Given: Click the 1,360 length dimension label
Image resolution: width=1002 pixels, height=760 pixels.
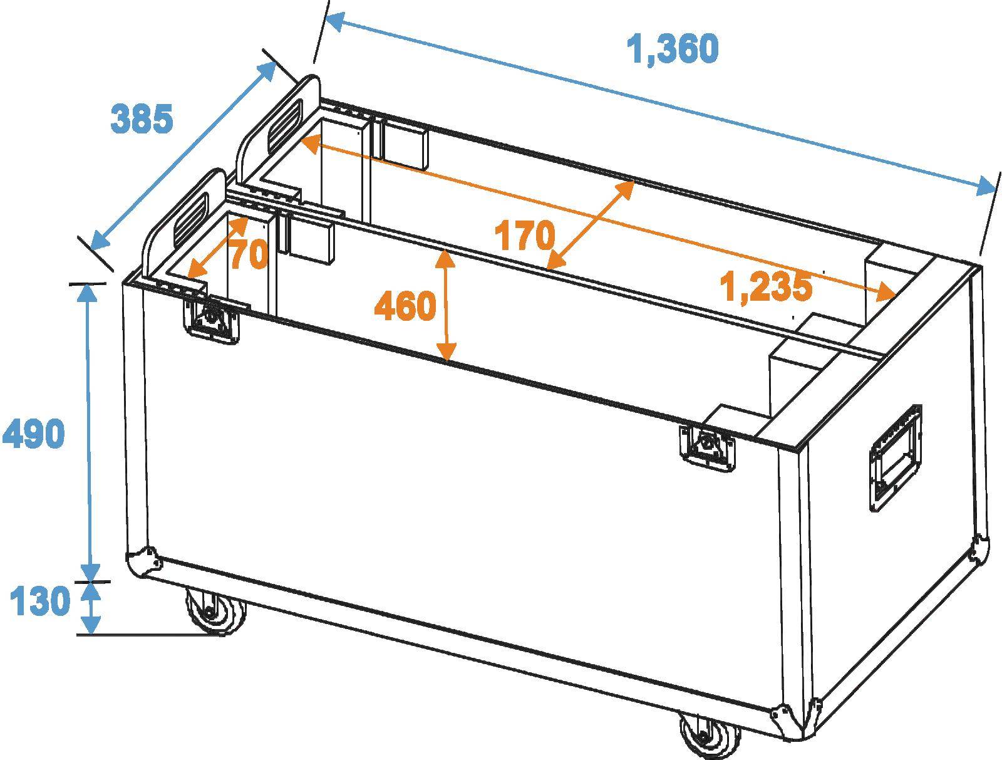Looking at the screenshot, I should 673,49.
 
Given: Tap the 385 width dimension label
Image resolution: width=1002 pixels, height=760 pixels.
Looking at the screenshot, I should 142,118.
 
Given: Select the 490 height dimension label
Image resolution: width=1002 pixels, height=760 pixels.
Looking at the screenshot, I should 34,434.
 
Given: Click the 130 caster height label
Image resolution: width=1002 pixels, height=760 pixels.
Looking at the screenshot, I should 39,601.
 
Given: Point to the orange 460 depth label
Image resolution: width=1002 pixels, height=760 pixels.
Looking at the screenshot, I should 405,306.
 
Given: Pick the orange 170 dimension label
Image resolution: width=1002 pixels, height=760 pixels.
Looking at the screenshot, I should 525,236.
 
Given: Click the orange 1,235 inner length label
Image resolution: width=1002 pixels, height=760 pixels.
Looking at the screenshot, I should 766,287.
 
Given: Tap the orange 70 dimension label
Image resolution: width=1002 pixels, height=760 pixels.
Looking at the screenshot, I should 249,255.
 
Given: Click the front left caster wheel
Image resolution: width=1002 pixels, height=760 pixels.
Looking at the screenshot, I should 216,612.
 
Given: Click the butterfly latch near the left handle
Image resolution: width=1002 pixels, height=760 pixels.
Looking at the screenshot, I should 212,320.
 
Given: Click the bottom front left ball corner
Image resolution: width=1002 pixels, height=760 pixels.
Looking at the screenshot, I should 143,561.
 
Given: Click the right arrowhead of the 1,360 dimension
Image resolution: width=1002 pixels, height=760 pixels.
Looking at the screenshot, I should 986,187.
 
